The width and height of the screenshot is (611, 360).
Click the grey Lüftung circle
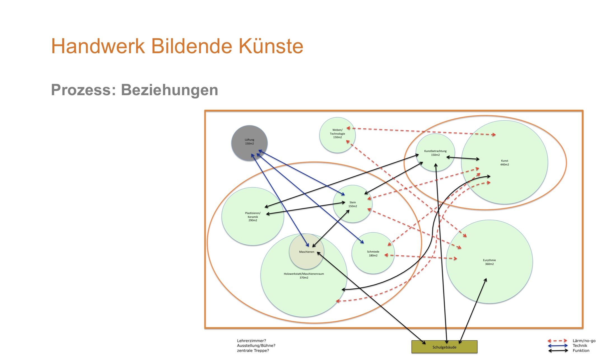click(249, 143)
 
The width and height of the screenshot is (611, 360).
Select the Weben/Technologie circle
click(337, 135)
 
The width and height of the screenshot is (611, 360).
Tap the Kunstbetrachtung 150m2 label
click(435, 153)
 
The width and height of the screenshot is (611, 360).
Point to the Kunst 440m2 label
click(505, 163)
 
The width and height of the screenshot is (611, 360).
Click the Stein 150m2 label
click(353, 204)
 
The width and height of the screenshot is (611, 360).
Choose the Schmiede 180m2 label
click(373, 254)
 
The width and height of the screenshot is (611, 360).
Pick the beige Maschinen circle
click(307, 251)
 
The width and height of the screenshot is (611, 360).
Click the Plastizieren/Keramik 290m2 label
click(253, 217)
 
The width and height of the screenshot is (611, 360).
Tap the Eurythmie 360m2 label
click(489, 262)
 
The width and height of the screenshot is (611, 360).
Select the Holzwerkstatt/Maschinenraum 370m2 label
click(304, 276)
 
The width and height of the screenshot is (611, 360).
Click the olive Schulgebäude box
click(444, 347)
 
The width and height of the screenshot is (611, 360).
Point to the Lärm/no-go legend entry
click(572, 341)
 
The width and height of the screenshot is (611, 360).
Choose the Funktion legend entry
click(569, 350)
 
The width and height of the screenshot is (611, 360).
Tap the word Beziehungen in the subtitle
click(169, 90)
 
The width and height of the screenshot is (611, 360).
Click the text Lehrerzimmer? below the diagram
click(251, 341)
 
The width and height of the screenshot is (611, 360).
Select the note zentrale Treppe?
click(253, 350)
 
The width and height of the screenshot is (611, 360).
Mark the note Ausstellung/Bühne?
click(256, 345)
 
